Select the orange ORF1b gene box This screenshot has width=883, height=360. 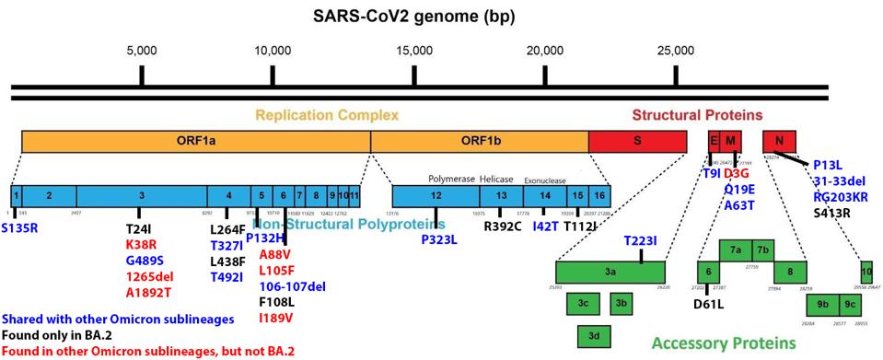click(479, 141)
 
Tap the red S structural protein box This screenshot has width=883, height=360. click(637, 141)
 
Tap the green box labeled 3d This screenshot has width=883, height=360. click(594, 337)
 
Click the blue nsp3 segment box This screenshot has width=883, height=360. click(141, 195)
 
